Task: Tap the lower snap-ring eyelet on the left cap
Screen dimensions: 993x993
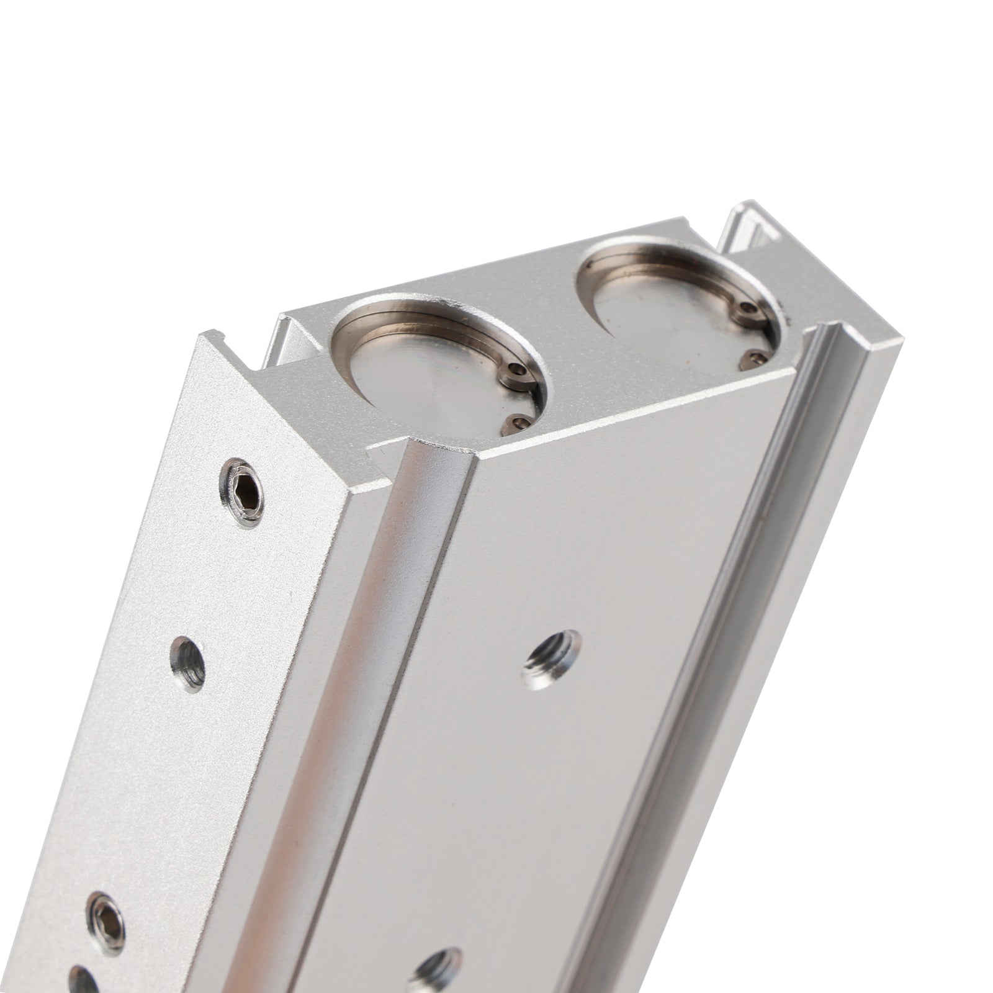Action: [519, 423]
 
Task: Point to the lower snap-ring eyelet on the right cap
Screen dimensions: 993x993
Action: [754, 357]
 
